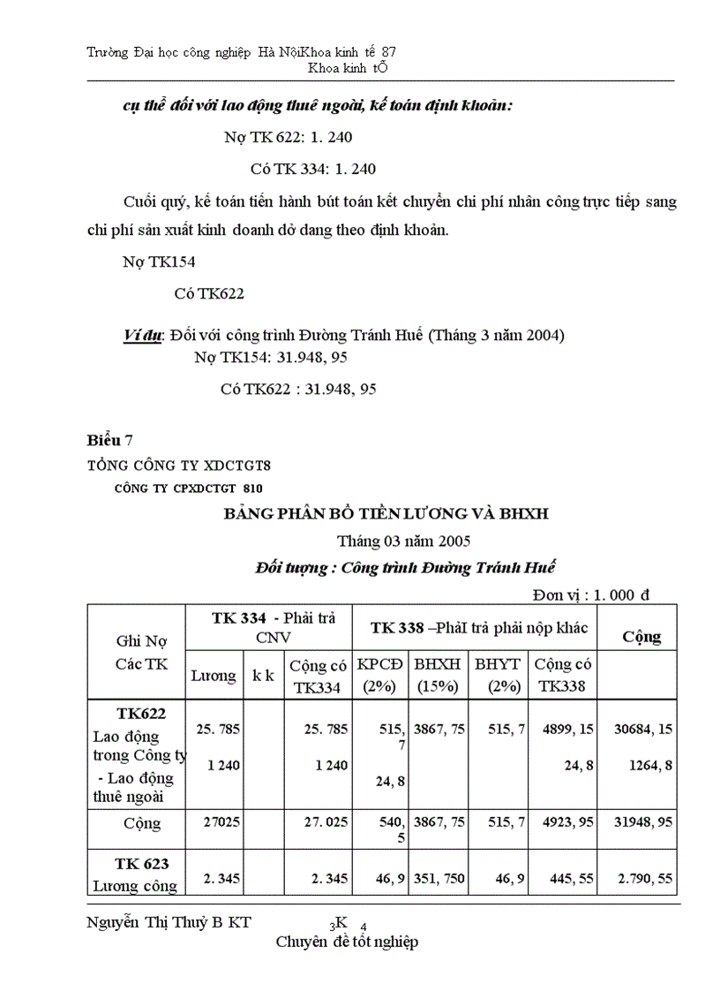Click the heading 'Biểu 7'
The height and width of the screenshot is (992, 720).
pos(110,440)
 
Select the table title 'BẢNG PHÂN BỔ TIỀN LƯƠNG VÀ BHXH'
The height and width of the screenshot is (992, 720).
pos(386,513)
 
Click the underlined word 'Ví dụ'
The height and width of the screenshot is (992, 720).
pos(142,337)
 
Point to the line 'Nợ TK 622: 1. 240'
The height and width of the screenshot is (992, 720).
pos(289,138)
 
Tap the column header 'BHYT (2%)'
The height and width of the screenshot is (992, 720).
pos(497,674)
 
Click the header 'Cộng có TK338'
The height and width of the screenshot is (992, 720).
pos(563,674)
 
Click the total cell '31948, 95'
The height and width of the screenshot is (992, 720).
pos(641,822)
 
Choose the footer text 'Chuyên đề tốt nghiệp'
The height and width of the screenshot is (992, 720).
pos(347,942)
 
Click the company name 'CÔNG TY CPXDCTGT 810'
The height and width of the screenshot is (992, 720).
pos(188,488)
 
